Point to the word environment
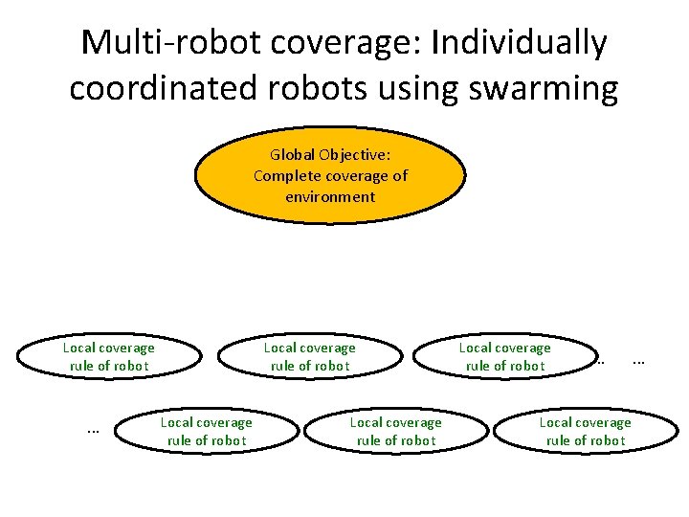pos(330,196)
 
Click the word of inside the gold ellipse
pos(399,175)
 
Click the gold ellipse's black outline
pos(331,128)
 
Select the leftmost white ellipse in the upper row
pos(108,356)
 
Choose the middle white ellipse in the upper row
pos(309,356)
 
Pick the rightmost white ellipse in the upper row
pos(504,356)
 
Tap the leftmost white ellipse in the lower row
pos(206,431)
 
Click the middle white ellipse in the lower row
pos(395,431)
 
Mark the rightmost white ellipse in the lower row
pos(585,431)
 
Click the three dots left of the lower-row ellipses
pos(93,431)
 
